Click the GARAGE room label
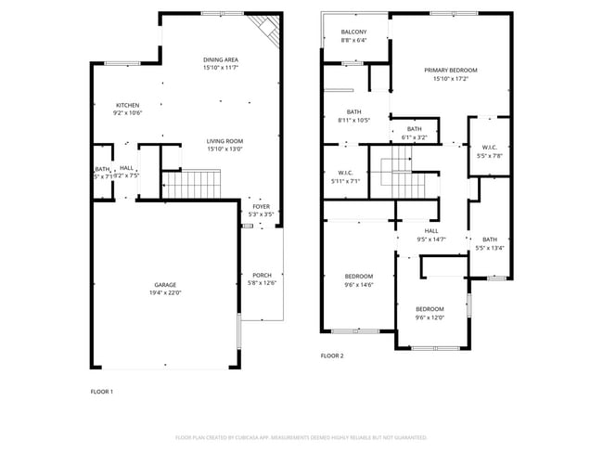[166, 285]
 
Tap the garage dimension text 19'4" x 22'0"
[166, 293]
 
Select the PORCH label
[262, 275]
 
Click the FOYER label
[262, 206]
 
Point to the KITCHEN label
[127, 105]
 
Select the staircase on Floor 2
[396, 173]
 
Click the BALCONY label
[353, 32]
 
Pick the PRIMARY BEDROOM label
[451, 71]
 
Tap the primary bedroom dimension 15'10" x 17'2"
[451, 79]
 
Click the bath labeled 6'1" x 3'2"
[414, 133]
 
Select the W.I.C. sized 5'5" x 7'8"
[490, 151]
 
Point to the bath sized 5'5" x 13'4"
[489, 243]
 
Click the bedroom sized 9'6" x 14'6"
[359, 279]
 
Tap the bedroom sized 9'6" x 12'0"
[430, 313]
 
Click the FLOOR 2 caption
[332, 356]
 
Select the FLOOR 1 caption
[102, 391]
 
